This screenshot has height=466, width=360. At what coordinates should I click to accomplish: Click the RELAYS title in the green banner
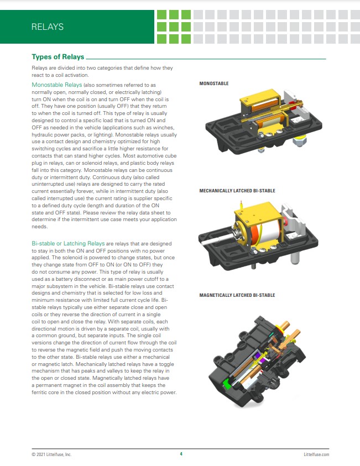point(48,27)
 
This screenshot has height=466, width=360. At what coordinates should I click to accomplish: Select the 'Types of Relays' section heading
point(58,57)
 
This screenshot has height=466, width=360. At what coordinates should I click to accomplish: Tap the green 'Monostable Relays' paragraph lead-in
point(57,85)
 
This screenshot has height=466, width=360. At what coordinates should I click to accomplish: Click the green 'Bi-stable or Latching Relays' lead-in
point(68,243)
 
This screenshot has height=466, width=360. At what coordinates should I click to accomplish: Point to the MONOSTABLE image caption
point(214,83)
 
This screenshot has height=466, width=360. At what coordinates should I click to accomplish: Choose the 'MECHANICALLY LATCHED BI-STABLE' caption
point(237,191)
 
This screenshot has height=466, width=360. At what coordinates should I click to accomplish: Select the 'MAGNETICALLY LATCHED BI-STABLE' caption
point(236,296)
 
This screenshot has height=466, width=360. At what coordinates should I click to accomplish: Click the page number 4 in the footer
point(181,454)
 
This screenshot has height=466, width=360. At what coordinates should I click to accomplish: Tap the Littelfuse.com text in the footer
point(316,454)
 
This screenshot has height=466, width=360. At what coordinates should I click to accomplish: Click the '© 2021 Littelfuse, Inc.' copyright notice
point(51,454)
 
